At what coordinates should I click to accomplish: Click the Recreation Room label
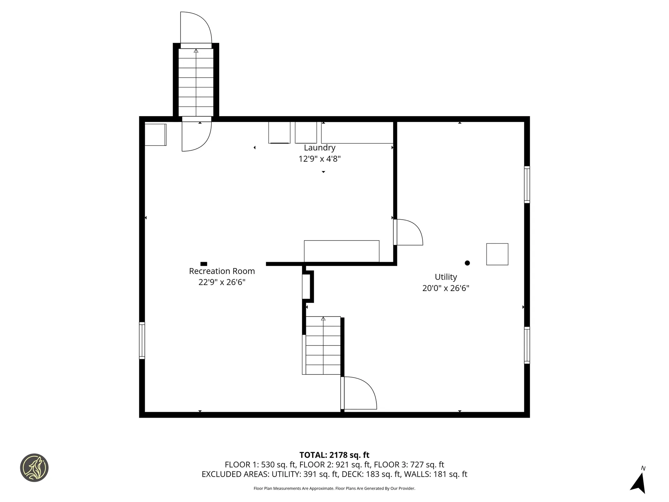(222, 271)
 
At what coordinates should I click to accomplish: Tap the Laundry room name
(320, 147)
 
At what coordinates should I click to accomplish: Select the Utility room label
(446, 277)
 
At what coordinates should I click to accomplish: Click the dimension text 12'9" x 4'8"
(320, 159)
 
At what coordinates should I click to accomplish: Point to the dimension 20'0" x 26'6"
(446, 288)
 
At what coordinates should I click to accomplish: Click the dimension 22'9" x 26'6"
(222, 282)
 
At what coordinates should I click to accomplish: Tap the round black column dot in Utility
(467, 263)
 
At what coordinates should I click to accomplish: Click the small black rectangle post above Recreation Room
(204, 264)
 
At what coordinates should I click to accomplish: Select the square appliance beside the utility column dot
(497, 254)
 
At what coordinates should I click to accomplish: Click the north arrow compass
(639, 483)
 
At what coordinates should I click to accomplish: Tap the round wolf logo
(34, 468)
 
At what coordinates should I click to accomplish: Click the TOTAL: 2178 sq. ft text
(334, 455)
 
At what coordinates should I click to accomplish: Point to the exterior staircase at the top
(196, 82)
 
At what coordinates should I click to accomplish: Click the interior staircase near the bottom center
(323, 345)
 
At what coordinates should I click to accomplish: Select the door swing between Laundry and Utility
(408, 233)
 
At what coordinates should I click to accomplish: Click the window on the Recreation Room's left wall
(142, 341)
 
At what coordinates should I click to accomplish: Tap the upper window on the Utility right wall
(527, 185)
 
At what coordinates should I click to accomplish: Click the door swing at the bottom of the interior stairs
(359, 393)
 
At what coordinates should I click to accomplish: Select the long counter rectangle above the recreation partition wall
(341, 251)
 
